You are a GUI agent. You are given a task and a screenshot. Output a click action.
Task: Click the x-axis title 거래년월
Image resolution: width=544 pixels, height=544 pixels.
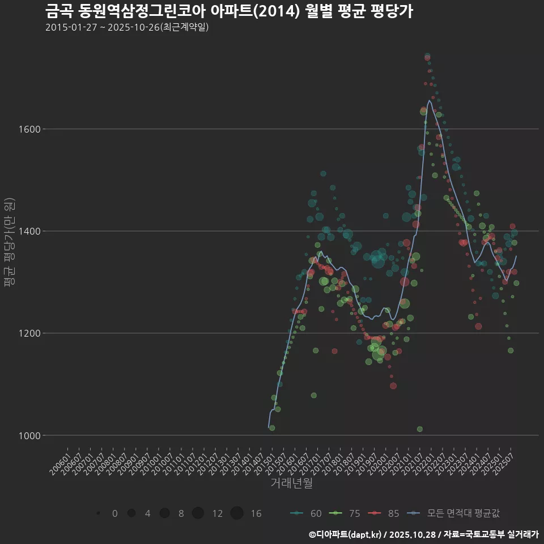pyautogui.click(x=291, y=483)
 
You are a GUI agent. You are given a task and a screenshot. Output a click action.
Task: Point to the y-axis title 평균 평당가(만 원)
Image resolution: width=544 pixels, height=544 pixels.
pyautogui.click(x=8, y=244)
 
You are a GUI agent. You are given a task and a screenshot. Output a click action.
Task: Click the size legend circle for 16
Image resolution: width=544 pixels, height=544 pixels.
pyautogui.click(x=237, y=513)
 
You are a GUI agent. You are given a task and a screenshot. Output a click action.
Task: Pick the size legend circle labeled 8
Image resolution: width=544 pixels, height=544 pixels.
pyautogui.click(x=165, y=513)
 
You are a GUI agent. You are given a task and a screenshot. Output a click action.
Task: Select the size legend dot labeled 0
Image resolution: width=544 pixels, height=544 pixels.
pyautogui.click(x=99, y=513)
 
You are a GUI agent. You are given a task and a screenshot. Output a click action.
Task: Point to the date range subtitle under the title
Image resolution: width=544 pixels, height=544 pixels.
pyautogui.click(x=127, y=27)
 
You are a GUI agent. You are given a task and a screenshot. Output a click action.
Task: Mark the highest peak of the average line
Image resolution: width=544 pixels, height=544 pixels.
pyautogui.click(x=429, y=101)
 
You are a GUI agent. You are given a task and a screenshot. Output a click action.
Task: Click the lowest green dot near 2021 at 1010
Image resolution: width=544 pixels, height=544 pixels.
pyautogui.click(x=419, y=429)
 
